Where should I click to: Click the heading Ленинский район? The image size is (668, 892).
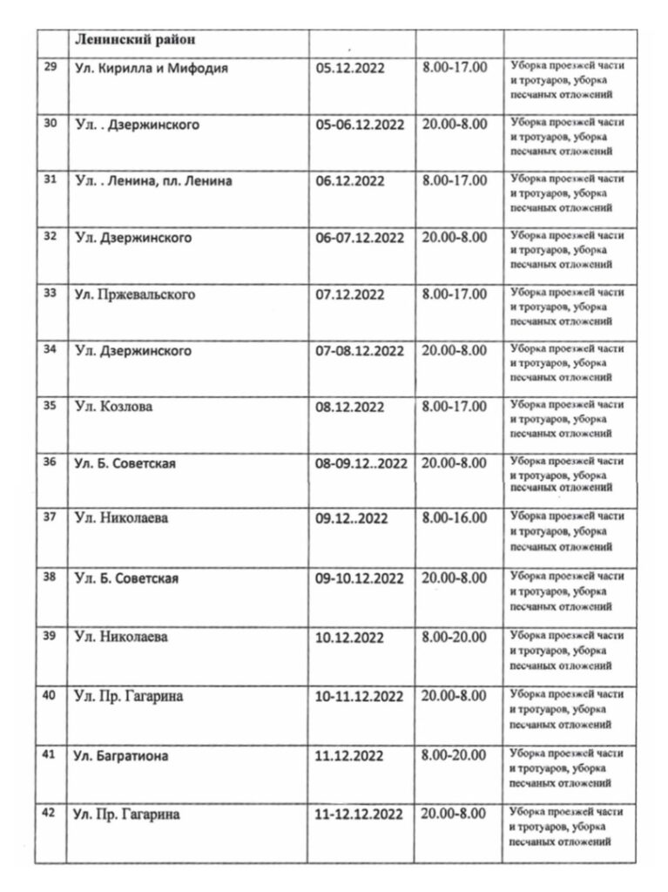click(135, 40)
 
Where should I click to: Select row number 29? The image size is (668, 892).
click(50, 68)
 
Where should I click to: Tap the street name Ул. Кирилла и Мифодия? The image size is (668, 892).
click(152, 68)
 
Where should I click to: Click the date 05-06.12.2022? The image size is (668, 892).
click(360, 125)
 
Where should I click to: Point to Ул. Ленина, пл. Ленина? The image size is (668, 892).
click(153, 181)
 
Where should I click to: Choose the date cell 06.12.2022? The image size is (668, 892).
click(350, 181)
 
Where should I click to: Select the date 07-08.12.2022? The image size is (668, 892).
click(360, 351)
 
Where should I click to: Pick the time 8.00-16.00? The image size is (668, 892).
click(454, 518)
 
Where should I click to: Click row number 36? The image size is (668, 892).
click(50, 462)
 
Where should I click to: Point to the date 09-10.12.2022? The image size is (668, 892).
click(360, 578)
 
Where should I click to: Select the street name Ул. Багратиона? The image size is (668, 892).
click(121, 756)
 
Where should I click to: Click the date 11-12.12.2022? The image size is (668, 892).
click(360, 814)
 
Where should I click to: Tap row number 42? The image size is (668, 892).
click(50, 814)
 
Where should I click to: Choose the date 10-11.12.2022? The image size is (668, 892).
click(360, 696)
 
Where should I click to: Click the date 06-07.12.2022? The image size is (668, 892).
click(360, 237)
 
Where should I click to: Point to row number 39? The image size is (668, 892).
click(50, 636)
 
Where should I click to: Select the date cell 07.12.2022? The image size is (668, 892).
click(350, 294)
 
